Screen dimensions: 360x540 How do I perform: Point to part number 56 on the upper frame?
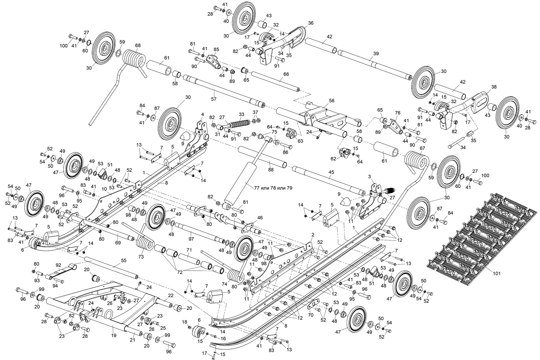pyautogui.click(x=332, y=101)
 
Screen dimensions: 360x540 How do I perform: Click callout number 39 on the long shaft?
pyautogui.click(x=376, y=54)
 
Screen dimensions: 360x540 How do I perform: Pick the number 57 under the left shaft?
pyautogui.click(x=214, y=99)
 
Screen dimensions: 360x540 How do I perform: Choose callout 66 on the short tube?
pyautogui.click(x=286, y=74)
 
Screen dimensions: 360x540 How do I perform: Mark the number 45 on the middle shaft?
pyautogui.click(x=331, y=172)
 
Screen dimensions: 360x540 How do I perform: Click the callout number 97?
pyautogui.click(x=191, y=239)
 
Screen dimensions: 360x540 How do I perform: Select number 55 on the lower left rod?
pyautogui.click(x=124, y=261)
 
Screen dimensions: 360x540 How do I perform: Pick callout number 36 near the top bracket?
pyautogui.click(x=311, y=23)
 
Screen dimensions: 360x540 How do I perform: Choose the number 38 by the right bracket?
pyautogui.click(x=494, y=87)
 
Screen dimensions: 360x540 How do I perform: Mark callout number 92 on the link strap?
pyautogui.click(x=58, y=265)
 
